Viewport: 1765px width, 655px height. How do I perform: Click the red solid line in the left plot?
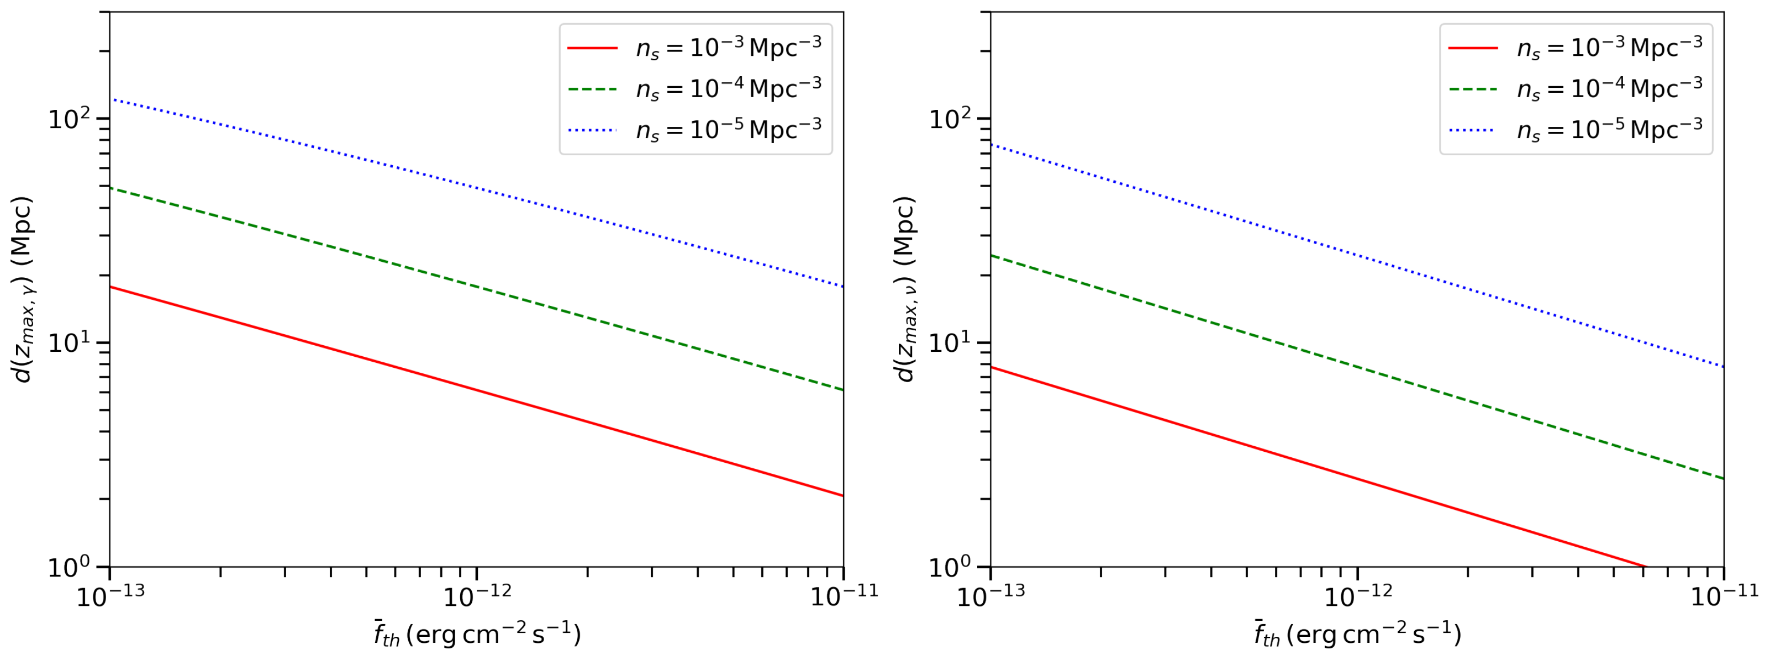[476, 391]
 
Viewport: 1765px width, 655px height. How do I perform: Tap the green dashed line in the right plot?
[1357, 366]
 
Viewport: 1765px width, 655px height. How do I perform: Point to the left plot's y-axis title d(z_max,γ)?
[23, 289]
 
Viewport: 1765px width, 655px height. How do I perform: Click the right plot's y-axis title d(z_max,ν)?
[904, 289]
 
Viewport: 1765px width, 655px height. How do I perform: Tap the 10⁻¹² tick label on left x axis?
[477, 596]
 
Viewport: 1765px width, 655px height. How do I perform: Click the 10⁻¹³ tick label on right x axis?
[990, 596]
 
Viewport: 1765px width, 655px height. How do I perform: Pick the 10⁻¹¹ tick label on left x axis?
[844, 596]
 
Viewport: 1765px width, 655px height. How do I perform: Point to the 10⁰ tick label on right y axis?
[950, 567]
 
